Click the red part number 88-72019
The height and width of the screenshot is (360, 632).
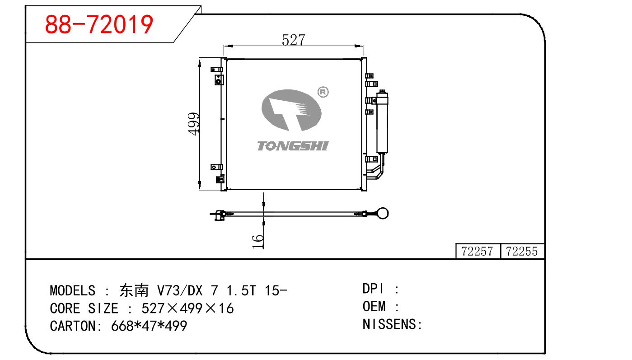(x=99, y=24)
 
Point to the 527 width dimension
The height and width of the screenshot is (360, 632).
(x=293, y=40)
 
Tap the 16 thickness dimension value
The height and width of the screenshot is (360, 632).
(x=257, y=241)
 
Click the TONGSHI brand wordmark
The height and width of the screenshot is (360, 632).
(x=292, y=145)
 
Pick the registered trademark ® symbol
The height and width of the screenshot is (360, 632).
(x=323, y=92)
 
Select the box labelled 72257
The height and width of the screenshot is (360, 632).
(x=478, y=251)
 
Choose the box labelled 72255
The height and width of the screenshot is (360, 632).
(x=522, y=251)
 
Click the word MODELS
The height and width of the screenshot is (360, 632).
(x=72, y=290)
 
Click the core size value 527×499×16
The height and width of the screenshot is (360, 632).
(x=187, y=309)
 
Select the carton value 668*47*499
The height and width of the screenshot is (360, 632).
(x=149, y=326)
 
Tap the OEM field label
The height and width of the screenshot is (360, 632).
(x=374, y=307)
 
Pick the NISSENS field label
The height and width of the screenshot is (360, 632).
(x=389, y=324)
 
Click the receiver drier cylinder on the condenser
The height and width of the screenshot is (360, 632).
(x=383, y=122)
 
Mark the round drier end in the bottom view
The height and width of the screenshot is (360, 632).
(x=383, y=213)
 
